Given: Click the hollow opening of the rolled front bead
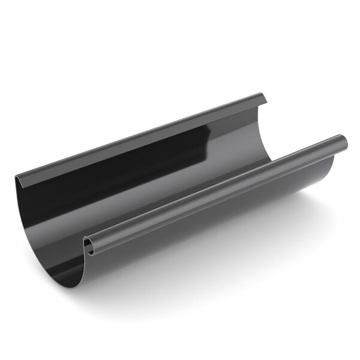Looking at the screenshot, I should [88, 245].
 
